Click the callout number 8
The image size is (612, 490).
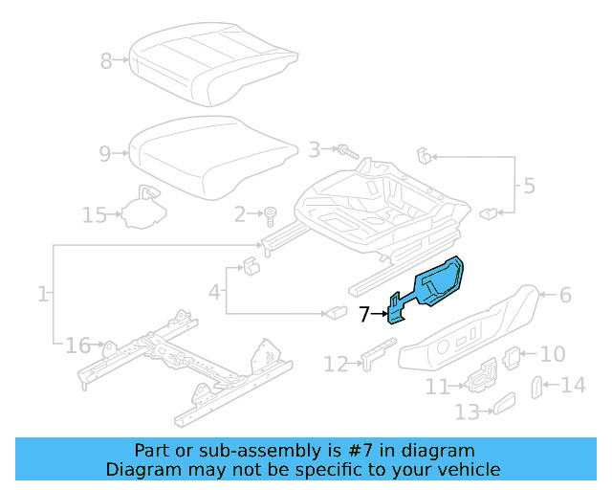tap(105, 62)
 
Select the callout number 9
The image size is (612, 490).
tap(105, 152)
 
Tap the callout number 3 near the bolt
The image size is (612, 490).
tap(314, 149)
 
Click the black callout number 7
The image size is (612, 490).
tap(363, 313)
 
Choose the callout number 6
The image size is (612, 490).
tap(565, 295)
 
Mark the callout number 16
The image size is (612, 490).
tap(77, 345)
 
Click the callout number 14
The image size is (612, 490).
tap(573, 385)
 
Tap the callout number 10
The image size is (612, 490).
tap(553, 354)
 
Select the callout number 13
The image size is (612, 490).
tap(466, 412)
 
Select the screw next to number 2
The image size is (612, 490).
tap(271, 213)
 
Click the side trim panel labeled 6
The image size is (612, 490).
tap(469, 330)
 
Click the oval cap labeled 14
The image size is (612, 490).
tap(536, 386)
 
